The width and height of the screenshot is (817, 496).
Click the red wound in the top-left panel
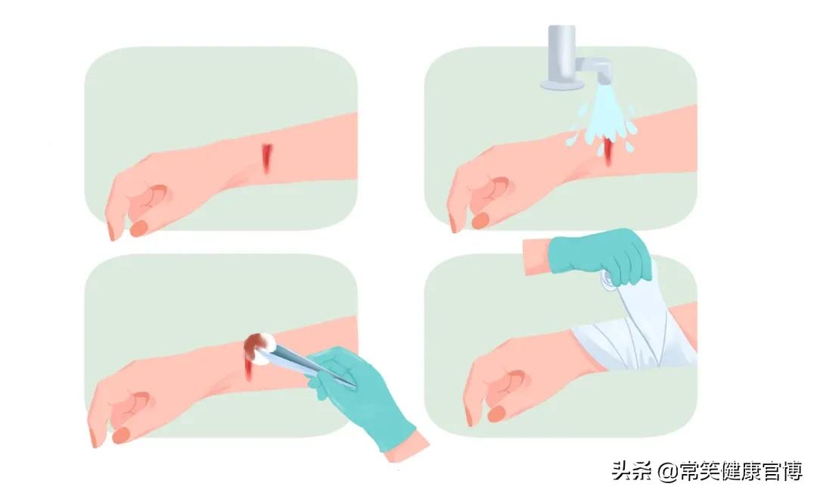[x=266, y=157]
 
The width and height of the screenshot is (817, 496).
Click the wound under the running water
[x=609, y=154]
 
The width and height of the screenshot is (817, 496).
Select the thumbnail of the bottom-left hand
[x=122, y=434]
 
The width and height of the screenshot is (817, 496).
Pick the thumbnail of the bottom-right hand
[x=496, y=413]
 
